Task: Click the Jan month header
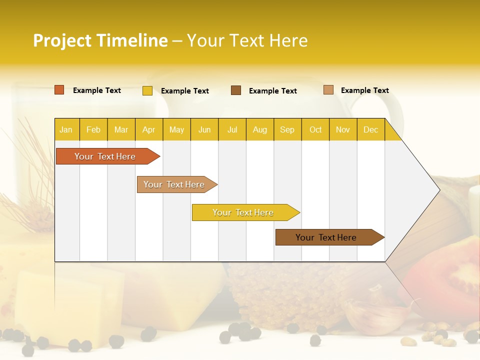(x=66, y=129)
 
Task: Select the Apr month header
(x=148, y=129)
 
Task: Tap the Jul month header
(x=232, y=129)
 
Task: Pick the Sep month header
(x=287, y=129)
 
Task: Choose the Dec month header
(x=370, y=129)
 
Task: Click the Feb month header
(x=93, y=129)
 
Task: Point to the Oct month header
(x=315, y=129)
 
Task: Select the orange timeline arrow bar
(x=105, y=156)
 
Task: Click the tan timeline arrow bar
(x=174, y=184)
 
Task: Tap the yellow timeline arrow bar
(x=243, y=212)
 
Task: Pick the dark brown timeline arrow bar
(x=326, y=237)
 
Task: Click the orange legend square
(x=59, y=90)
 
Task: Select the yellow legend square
(x=147, y=90)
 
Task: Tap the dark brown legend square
(x=236, y=90)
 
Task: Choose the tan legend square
(x=328, y=90)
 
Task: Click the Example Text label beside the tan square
(x=364, y=90)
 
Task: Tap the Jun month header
(x=204, y=129)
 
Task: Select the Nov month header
(x=343, y=129)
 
